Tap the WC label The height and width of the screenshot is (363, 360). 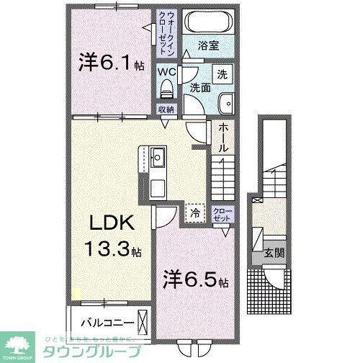click(x=167, y=71)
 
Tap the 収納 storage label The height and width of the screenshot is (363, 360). click(x=166, y=109)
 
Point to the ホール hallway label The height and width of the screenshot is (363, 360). click(x=223, y=137)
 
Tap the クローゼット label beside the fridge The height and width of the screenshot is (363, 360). click(x=222, y=214)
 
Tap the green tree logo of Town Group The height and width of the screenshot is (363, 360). click(x=19, y=345)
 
